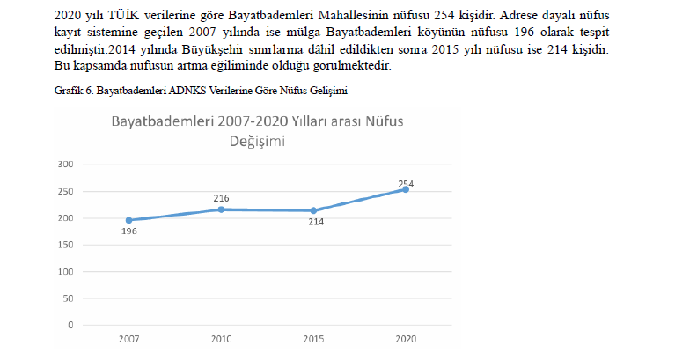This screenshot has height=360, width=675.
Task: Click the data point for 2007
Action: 129,220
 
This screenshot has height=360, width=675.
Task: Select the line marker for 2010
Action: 221,209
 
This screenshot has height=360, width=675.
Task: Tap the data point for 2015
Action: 313,210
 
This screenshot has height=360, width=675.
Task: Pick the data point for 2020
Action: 406,189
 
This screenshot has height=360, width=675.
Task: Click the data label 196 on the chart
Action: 129,231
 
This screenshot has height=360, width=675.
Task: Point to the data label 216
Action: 221,198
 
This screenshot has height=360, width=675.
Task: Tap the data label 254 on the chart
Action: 406,184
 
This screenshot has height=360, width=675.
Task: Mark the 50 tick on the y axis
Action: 65,298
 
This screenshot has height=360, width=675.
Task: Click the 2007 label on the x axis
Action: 128,338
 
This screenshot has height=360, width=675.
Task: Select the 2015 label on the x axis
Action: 313,338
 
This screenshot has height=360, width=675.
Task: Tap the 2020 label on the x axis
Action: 406,338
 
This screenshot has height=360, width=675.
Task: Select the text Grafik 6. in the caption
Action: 73,91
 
